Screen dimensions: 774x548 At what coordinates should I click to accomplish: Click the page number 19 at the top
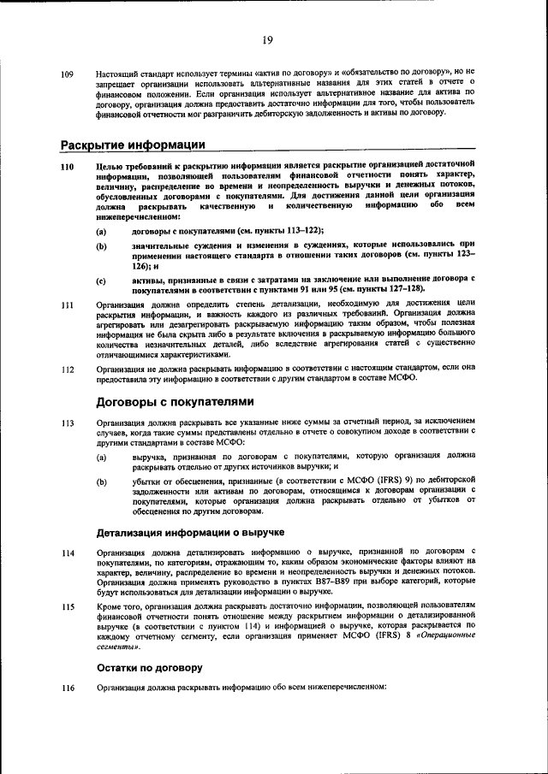tap(267, 40)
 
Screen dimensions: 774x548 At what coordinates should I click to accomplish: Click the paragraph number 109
tap(67, 75)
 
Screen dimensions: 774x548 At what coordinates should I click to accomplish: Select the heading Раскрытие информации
tap(132, 143)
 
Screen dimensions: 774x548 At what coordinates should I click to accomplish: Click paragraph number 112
tap(67, 369)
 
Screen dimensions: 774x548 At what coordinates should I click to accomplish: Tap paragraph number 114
tap(67, 553)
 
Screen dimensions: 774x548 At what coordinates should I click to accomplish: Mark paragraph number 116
tap(67, 688)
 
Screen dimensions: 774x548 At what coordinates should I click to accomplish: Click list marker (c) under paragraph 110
tap(101, 281)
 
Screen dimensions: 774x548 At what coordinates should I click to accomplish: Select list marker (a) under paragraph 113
tap(101, 458)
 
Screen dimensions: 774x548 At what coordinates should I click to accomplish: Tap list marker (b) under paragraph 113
tap(101, 482)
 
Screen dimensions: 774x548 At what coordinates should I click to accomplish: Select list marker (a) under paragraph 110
tap(101, 231)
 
